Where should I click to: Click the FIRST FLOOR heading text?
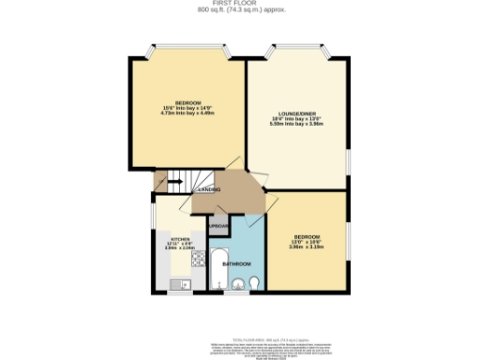pyautogui.click(x=240, y=4)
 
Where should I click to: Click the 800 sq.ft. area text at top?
pyautogui.click(x=240, y=10)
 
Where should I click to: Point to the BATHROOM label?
pyautogui.click(x=235, y=264)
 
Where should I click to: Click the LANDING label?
pyautogui.click(x=209, y=189)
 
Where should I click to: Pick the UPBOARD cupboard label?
pyautogui.click(x=218, y=227)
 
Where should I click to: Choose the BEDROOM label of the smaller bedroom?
pyautogui.click(x=306, y=234)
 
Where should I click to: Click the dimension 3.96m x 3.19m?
pyautogui.click(x=306, y=247)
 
